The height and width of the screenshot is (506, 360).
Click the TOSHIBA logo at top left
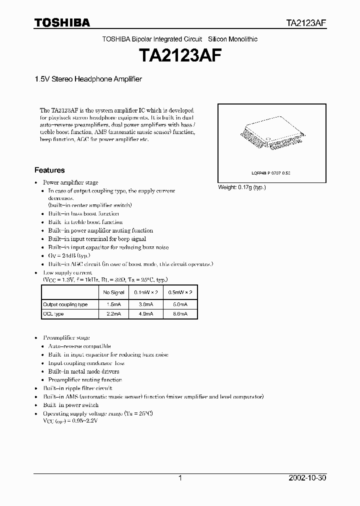[62, 22]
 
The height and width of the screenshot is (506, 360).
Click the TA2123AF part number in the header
[306, 23]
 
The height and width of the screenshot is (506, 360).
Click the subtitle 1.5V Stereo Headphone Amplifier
[88, 79]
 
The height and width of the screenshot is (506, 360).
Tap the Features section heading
[49, 170]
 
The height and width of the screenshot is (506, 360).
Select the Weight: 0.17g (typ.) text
[242, 187]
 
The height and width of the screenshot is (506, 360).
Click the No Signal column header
[113, 292]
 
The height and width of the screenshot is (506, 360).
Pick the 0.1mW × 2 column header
[145, 292]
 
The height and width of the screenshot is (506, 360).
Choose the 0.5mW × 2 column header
[180, 292]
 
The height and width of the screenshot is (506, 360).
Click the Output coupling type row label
[65, 304]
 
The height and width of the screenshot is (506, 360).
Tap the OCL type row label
[53, 313]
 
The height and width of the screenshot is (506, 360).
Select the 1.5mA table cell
[113, 304]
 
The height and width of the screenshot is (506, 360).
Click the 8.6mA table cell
[180, 313]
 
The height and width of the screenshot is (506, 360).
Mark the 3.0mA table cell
[145, 304]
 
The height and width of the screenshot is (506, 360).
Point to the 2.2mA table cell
[113, 313]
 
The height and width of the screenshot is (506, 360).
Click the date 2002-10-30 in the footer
[307, 478]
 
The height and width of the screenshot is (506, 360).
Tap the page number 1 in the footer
[179, 478]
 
